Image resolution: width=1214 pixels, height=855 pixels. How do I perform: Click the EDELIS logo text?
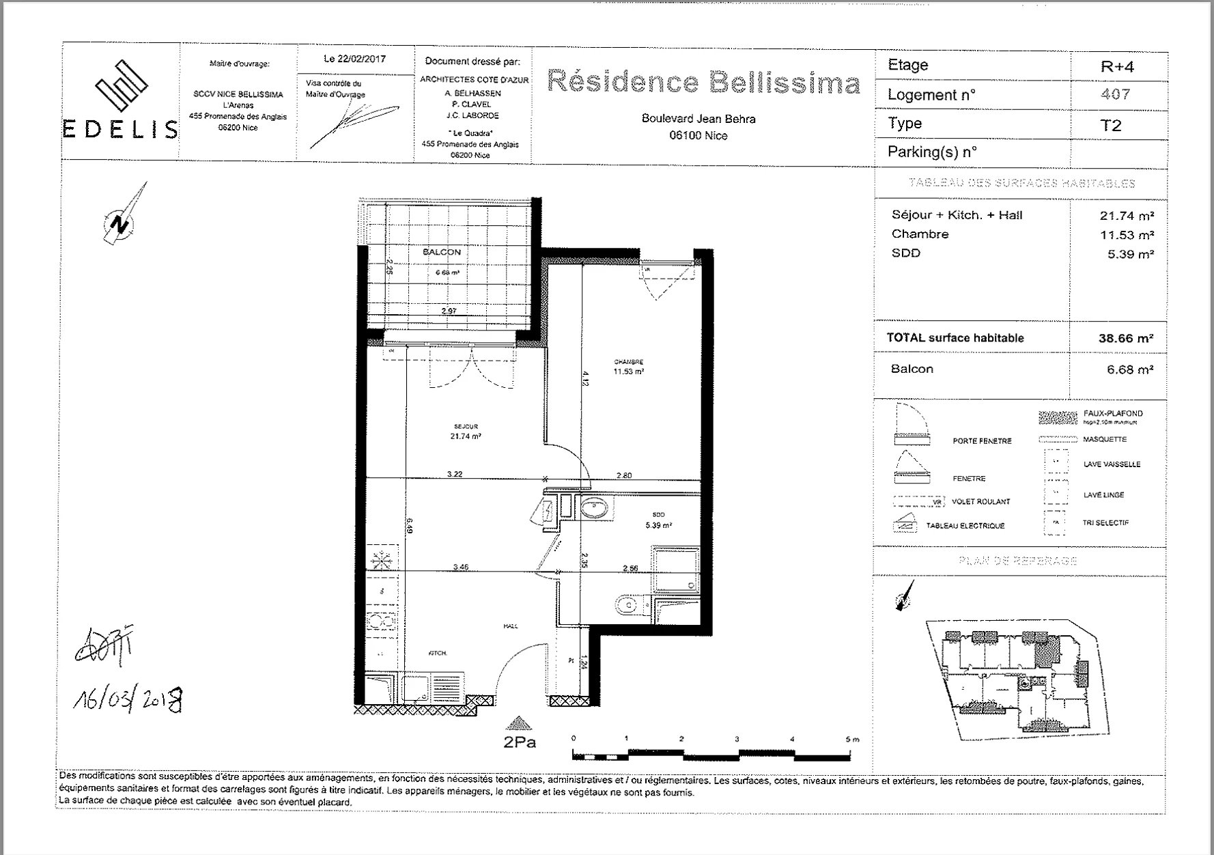tap(121, 129)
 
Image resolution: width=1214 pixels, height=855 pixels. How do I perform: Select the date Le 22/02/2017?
tap(354, 59)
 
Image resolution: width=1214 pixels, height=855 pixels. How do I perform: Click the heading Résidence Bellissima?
tap(703, 82)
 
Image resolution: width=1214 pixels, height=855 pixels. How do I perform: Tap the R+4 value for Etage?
tap(1117, 67)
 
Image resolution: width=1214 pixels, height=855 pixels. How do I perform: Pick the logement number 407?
tap(1115, 94)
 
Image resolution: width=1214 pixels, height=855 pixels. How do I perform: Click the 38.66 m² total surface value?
tap(1125, 338)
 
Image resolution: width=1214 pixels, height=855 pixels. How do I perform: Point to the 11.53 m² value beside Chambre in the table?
tap(1127, 234)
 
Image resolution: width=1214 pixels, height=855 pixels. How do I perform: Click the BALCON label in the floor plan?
tap(442, 252)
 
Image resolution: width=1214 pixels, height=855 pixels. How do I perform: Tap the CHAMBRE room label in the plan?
tap(628, 362)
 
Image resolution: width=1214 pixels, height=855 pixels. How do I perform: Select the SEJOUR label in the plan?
tap(466, 426)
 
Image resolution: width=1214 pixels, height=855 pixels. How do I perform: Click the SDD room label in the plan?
tap(658, 515)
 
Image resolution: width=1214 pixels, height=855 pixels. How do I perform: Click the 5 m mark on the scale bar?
tap(850, 740)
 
